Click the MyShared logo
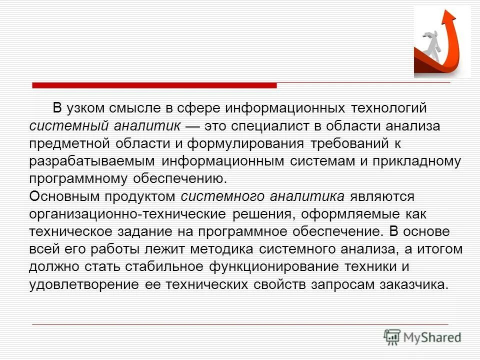pos(422,336)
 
